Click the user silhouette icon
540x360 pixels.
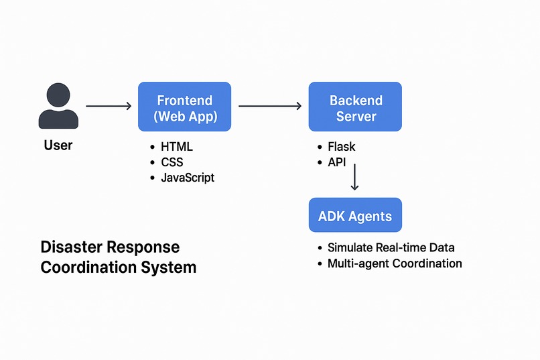point(58,107)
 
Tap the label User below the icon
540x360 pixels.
point(58,145)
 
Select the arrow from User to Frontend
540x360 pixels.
point(109,106)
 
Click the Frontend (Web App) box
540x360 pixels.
point(184,107)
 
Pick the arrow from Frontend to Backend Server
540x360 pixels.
point(270,106)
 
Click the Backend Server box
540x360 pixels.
point(355,107)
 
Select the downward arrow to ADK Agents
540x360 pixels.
point(354,177)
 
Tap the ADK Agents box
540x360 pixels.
point(355,217)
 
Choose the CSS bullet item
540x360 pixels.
point(172,162)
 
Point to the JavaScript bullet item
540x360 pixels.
point(188,178)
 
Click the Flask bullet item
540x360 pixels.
point(341,147)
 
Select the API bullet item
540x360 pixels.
point(337,162)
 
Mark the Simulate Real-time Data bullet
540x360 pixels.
point(391,247)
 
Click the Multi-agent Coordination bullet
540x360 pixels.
point(395,263)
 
